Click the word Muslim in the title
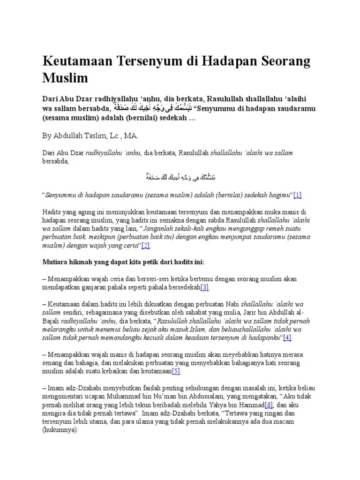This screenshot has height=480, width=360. click(65, 78)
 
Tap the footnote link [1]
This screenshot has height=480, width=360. click(297, 195)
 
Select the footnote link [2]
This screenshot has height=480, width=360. click(145, 245)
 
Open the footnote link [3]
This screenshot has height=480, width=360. click(205, 287)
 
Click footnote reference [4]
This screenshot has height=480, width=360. click(287, 337)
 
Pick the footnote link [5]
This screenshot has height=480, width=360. click(176, 371)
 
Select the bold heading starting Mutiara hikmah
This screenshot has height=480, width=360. click(123, 262)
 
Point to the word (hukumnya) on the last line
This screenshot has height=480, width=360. click(60, 429)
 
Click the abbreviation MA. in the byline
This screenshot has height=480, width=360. click(132, 135)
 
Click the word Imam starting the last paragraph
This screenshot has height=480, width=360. click(57, 388)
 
